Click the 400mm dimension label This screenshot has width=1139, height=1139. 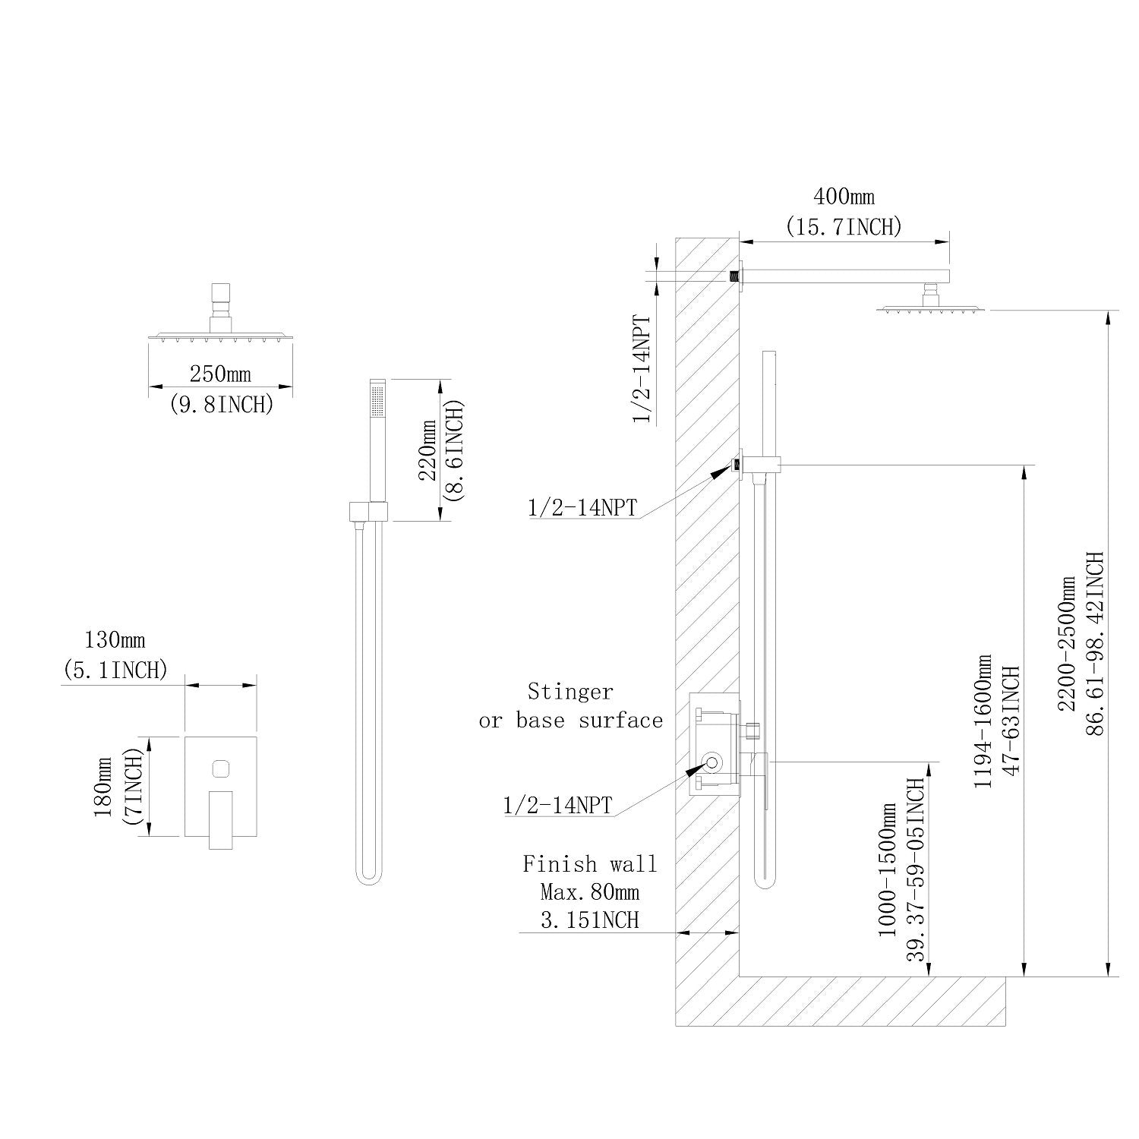pyautogui.click(x=844, y=197)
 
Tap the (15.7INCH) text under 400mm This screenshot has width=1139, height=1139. pyautogui.click(x=844, y=226)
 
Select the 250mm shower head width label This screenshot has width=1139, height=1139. pyautogui.click(x=220, y=374)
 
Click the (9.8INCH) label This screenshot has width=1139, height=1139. pyautogui.click(x=220, y=404)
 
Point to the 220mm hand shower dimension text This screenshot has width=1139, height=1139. pyautogui.click(x=428, y=450)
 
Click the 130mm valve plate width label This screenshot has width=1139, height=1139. pyautogui.click(x=114, y=640)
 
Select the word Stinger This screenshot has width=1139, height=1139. pyautogui.click(x=570, y=692)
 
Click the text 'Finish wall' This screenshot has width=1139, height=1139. pyautogui.click(x=589, y=863)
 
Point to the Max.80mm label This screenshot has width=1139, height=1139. pyautogui.click(x=589, y=891)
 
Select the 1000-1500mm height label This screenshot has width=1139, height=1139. pyautogui.click(x=888, y=869)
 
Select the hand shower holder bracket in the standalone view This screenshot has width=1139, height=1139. pyautogui.click(x=369, y=511)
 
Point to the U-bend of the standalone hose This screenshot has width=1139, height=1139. pyautogui.click(x=369, y=877)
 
